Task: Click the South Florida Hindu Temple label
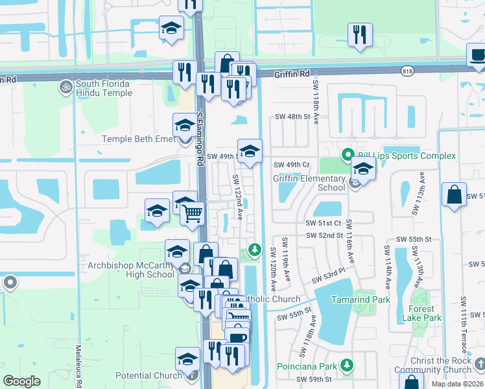click(104, 88)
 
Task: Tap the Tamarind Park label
click(361, 300)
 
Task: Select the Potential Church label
click(148, 375)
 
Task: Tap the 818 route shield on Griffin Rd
click(407, 71)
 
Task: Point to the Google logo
click(22, 381)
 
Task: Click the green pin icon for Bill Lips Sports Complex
click(348, 155)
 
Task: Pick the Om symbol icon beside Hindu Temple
click(65, 86)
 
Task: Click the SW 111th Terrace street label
click(464, 324)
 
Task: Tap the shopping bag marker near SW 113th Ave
click(455, 194)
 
